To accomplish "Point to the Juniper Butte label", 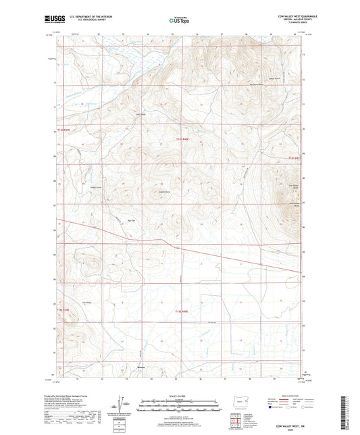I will [163, 192].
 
